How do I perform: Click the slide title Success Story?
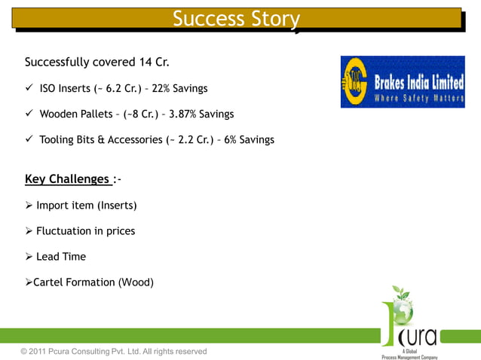click(236, 19)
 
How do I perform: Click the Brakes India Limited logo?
click(402, 82)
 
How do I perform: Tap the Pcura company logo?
click(409, 322)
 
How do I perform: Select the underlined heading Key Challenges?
click(67, 179)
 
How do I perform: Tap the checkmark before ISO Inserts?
click(29, 88)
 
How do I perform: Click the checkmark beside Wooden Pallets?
click(29, 114)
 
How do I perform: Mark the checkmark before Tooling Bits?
click(29, 139)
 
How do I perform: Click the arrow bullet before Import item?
click(29, 206)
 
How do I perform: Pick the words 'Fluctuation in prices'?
click(85, 231)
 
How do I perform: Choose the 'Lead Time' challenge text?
click(61, 257)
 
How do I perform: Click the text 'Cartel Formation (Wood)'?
click(93, 282)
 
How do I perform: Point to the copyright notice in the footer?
click(113, 352)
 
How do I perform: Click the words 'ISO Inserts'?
click(65, 89)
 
